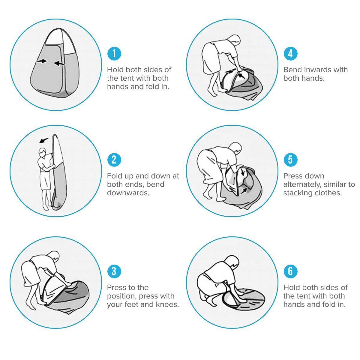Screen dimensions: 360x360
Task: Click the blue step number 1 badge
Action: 114,54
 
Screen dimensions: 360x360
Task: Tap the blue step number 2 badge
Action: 114,160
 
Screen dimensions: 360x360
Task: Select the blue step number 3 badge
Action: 114,271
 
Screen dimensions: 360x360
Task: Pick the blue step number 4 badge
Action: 290,54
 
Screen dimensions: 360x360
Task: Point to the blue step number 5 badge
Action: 290,160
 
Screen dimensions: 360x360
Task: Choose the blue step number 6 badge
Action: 290,271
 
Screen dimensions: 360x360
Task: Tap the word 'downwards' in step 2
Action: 128,193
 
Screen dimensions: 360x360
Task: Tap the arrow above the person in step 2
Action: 44,140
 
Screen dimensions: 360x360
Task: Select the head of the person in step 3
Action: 55,256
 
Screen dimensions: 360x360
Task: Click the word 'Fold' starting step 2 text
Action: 114,176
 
